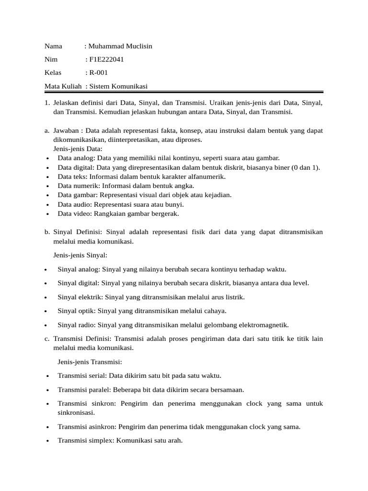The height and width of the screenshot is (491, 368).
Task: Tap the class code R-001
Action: (98, 73)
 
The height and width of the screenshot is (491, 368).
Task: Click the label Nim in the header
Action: (51, 60)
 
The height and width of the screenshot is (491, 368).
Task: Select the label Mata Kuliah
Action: (63, 86)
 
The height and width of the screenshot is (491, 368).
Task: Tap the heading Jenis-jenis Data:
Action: (78, 149)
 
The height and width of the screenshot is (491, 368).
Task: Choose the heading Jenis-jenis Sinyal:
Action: (80, 255)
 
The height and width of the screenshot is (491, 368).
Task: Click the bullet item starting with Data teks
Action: (141, 176)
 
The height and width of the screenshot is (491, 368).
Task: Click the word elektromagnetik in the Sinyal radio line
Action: (264, 325)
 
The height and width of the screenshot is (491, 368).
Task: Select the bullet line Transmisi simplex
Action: (120, 441)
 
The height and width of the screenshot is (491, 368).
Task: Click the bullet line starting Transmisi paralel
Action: (150, 390)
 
